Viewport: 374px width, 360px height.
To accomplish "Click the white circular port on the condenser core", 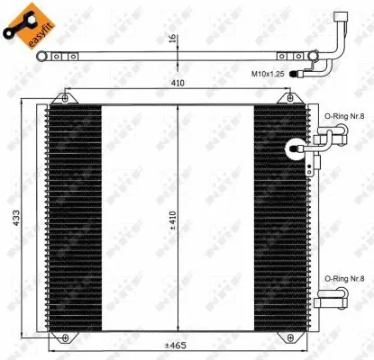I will click(294, 150).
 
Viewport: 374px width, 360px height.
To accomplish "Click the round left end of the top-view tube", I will click(41, 58).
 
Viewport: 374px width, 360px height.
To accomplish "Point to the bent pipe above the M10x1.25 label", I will click(340, 36).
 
